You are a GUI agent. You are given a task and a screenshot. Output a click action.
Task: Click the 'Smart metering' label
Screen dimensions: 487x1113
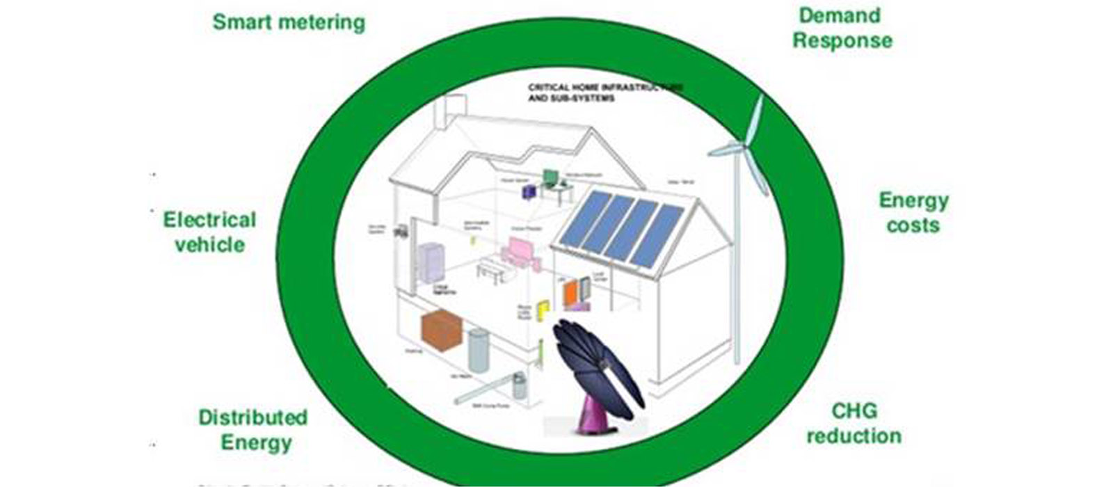(x=289, y=22)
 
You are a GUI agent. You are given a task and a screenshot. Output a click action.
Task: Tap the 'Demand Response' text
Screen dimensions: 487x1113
(x=842, y=28)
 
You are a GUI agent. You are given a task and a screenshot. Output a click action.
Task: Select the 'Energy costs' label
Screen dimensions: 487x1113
(x=913, y=212)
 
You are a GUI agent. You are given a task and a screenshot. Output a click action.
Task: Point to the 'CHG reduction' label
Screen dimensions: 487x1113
(x=854, y=423)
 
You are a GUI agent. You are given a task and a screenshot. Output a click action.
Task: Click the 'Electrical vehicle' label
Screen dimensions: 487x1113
(x=209, y=232)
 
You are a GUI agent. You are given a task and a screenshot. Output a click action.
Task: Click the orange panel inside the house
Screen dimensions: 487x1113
(x=571, y=293)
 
